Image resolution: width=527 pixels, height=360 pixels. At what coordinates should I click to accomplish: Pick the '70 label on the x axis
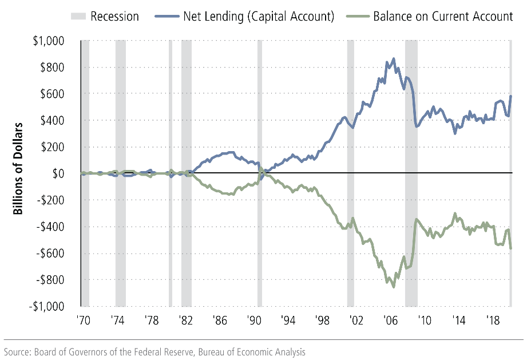tap(84, 320)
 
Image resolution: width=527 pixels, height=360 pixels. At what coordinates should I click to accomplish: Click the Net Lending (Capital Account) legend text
tap(258, 16)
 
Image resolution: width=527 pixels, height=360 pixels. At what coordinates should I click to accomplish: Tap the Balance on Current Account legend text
tap(443, 16)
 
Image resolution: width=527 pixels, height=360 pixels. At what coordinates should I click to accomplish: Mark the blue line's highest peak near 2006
tap(393, 58)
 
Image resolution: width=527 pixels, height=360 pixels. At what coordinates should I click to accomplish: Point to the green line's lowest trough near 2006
tap(393, 287)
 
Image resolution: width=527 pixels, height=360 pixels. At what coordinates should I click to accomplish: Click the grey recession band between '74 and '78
tap(121, 172)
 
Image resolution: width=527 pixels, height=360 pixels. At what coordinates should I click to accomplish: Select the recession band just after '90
tap(260, 172)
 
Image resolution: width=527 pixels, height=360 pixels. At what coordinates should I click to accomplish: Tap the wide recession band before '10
tap(411, 172)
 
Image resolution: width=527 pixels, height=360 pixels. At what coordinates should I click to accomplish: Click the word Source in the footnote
tap(18, 351)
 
